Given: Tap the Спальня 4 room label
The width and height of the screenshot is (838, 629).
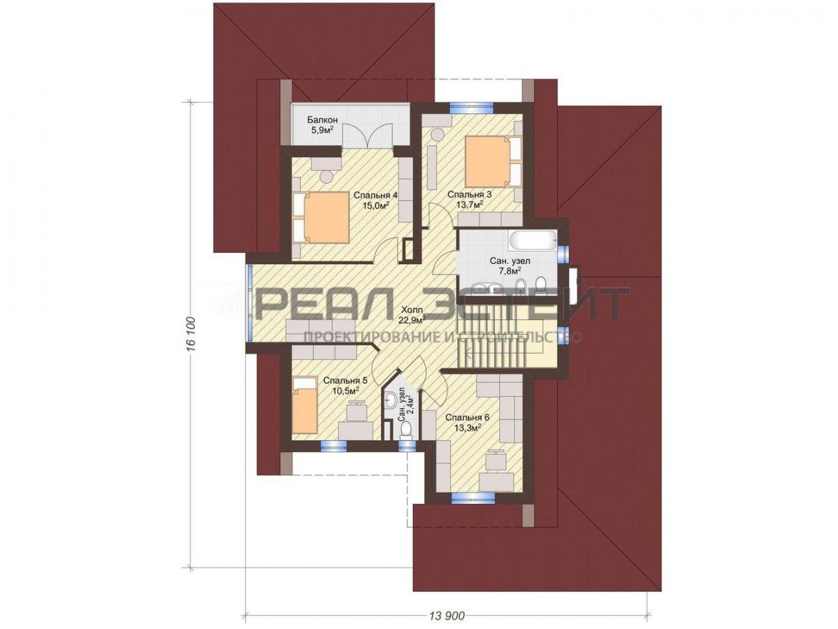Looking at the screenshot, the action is point(371,196).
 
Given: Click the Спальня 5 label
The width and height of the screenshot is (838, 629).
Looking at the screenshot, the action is point(345,381).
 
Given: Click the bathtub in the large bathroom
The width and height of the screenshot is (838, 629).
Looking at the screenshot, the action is point(533,241).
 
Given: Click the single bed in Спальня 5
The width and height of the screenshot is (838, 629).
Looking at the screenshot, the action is point(305,405).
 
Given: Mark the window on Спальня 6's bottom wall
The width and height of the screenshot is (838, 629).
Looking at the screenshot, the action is point(472,498).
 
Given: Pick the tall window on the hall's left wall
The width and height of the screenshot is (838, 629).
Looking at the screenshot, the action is point(250,303).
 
